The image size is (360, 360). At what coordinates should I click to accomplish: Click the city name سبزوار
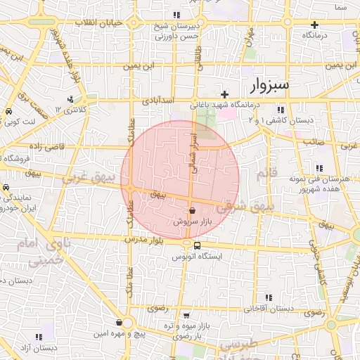(x=269, y=86)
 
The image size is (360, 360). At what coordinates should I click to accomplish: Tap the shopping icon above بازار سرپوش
(x=193, y=210)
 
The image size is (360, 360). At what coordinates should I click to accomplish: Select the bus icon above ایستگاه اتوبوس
(x=197, y=246)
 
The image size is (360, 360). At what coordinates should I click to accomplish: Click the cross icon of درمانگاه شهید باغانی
(x=224, y=94)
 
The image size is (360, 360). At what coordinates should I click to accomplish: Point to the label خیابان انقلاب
(x=103, y=23)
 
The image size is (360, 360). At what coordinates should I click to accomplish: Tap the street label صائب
(x=313, y=142)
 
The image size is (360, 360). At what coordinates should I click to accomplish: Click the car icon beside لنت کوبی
(x=8, y=112)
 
